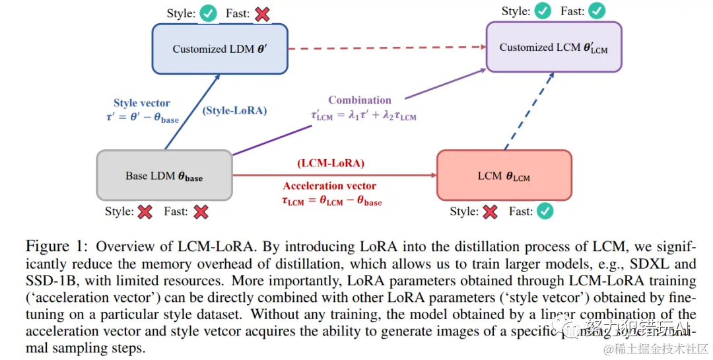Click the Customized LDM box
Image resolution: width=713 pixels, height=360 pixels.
[x=220, y=48]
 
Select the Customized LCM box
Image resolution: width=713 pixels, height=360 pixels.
[x=554, y=47]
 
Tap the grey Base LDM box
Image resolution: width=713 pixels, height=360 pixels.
[x=164, y=175]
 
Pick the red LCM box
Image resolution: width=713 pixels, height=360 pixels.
[x=504, y=176]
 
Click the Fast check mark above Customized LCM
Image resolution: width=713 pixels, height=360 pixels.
[x=596, y=11]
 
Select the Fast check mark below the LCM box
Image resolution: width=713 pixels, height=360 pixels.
[x=545, y=211]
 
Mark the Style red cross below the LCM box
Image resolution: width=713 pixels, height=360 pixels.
[x=489, y=211]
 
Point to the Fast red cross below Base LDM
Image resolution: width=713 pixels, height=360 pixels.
[x=201, y=211]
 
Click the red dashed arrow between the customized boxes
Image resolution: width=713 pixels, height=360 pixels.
[x=386, y=48]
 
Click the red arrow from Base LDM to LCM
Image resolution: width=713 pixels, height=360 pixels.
[x=334, y=176]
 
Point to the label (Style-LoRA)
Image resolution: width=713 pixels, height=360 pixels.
[x=235, y=110]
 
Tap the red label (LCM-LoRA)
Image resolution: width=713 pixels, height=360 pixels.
[x=331, y=163]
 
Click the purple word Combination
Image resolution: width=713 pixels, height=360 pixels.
[x=360, y=100]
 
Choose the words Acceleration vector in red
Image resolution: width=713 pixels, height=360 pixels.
[x=329, y=186]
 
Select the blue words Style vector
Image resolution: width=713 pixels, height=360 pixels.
[x=142, y=103]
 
